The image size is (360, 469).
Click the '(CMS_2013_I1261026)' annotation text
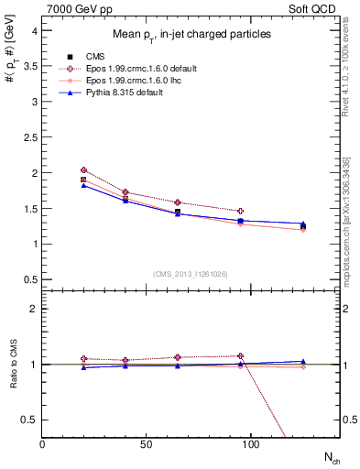pos(191,272)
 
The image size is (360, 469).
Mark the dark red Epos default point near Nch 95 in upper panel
pos(240,211)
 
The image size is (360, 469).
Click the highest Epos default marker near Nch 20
pos(83,170)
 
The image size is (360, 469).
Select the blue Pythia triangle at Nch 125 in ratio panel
pos(303,361)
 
